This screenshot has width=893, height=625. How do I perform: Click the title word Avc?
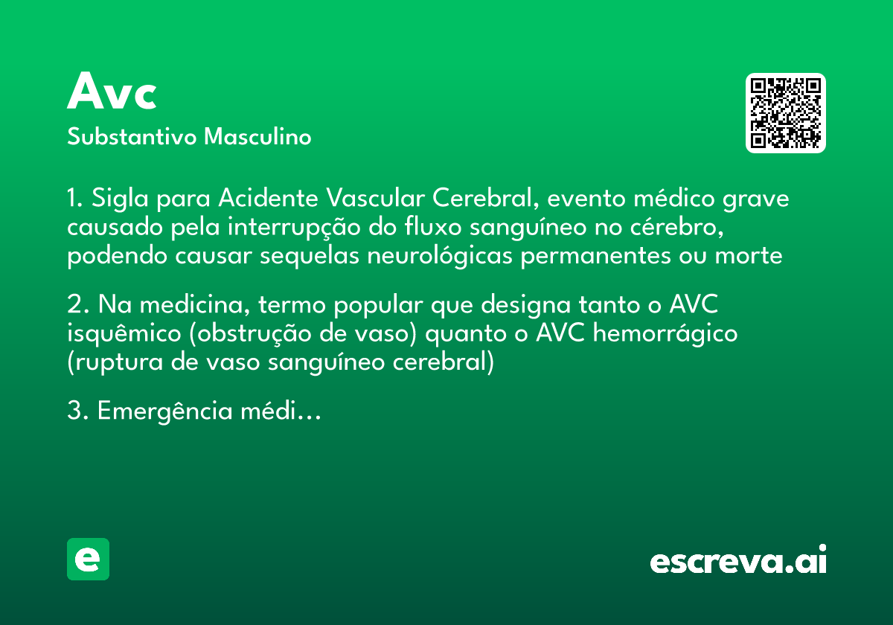click(x=112, y=92)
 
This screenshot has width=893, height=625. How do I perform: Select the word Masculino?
click(x=257, y=138)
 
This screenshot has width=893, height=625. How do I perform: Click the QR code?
click(x=786, y=113)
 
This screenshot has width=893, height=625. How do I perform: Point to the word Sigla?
click(x=118, y=199)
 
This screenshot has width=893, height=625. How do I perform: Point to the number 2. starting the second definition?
click(x=77, y=305)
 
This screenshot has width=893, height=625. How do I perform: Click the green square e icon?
click(x=89, y=560)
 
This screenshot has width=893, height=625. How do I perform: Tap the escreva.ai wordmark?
click(x=738, y=561)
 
